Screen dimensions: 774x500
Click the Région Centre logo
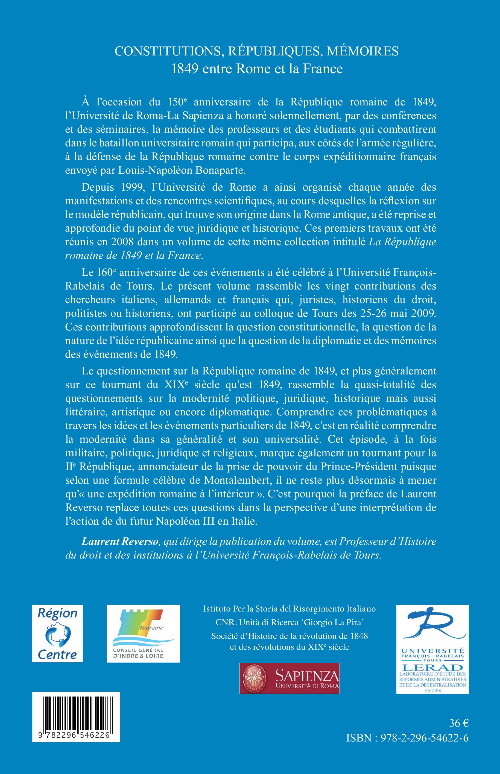click(x=57, y=633)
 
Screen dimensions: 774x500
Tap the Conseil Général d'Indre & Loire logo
click(x=143, y=633)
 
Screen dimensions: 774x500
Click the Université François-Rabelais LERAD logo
click(x=432, y=649)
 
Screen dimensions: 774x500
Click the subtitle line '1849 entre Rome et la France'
click(x=257, y=69)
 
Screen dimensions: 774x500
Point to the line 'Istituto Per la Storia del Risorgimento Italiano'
click(x=289, y=608)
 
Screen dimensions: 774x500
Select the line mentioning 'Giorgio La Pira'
click(x=289, y=622)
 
